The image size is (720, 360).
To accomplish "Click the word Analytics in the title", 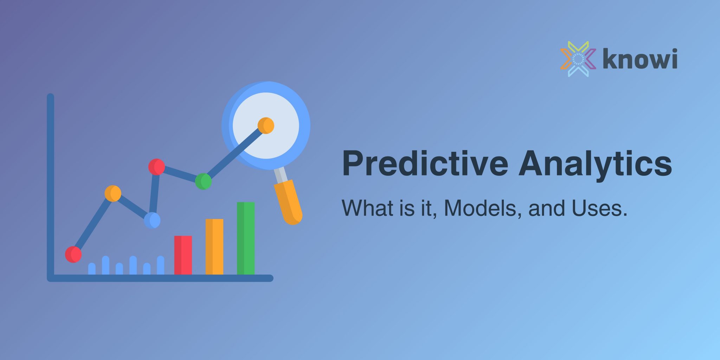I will click(595, 163).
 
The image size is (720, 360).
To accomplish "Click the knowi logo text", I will click(640, 59).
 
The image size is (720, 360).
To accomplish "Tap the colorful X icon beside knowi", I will click(578, 59).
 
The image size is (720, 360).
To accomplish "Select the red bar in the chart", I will click(183, 255).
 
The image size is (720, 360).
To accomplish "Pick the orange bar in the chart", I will click(214, 246).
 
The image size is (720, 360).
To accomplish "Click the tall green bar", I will click(246, 238).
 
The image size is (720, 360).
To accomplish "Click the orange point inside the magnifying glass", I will click(266, 126).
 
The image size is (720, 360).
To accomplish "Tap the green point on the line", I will click(203, 181).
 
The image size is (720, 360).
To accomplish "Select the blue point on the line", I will click(152, 220).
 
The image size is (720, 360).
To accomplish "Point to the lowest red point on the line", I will click(73, 254).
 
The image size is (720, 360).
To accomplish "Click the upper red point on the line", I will click(156, 167).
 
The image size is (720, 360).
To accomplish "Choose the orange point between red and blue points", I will click(113, 193).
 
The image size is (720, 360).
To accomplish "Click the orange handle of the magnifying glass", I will click(288, 202).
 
